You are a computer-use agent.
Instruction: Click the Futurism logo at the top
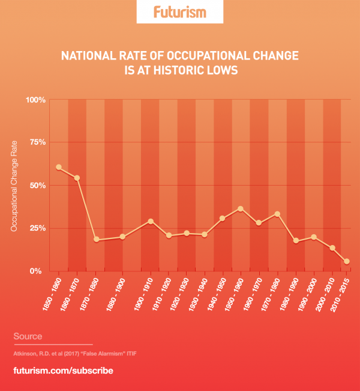(180, 11)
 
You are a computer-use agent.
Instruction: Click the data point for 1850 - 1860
(59, 167)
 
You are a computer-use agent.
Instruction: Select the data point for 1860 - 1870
(77, 178)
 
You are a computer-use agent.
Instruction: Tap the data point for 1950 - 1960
(241, 208)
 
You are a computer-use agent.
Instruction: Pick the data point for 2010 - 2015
(347, 261)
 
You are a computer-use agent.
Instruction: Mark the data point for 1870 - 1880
(95, 240)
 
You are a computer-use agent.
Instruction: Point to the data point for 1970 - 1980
(277, 214)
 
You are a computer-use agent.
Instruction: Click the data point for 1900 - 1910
(151, 221)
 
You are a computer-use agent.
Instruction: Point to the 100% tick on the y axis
(36, 100)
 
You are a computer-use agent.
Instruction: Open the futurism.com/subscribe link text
(63, 371)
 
